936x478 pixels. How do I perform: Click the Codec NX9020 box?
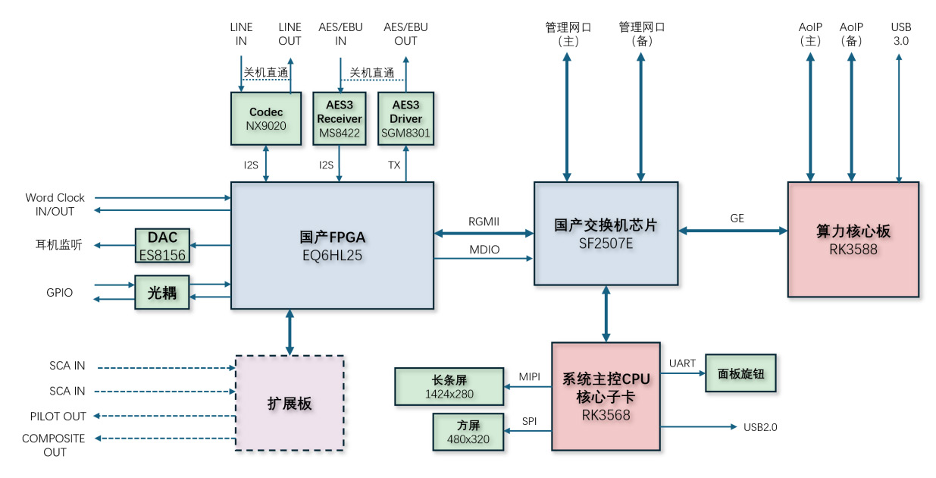[x=266, y=118]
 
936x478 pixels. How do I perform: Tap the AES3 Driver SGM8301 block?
[x=405, y=118]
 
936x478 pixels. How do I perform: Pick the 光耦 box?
[x=161, y=293]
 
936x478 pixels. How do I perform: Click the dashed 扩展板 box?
[x=290, y=404]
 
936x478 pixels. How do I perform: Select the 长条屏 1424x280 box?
[x=449, y=386]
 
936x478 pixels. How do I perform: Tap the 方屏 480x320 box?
[x=468, y=432]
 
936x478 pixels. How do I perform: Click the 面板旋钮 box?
[x=740, y=373]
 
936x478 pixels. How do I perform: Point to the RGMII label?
[x=484, y=221]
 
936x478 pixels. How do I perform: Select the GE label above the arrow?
[x=737, y=219]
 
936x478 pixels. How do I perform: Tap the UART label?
[x=682, y=363]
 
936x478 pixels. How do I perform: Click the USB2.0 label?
[x=759, y=427]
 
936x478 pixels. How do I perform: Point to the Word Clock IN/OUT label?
[x=55, y=205]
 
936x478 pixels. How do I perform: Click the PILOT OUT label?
[x=58, y=417]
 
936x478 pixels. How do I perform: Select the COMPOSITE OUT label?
[x=54, y=445]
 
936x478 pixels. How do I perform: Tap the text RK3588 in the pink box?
[x=853, y=248]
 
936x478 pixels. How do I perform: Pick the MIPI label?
[x=529, y=376]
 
